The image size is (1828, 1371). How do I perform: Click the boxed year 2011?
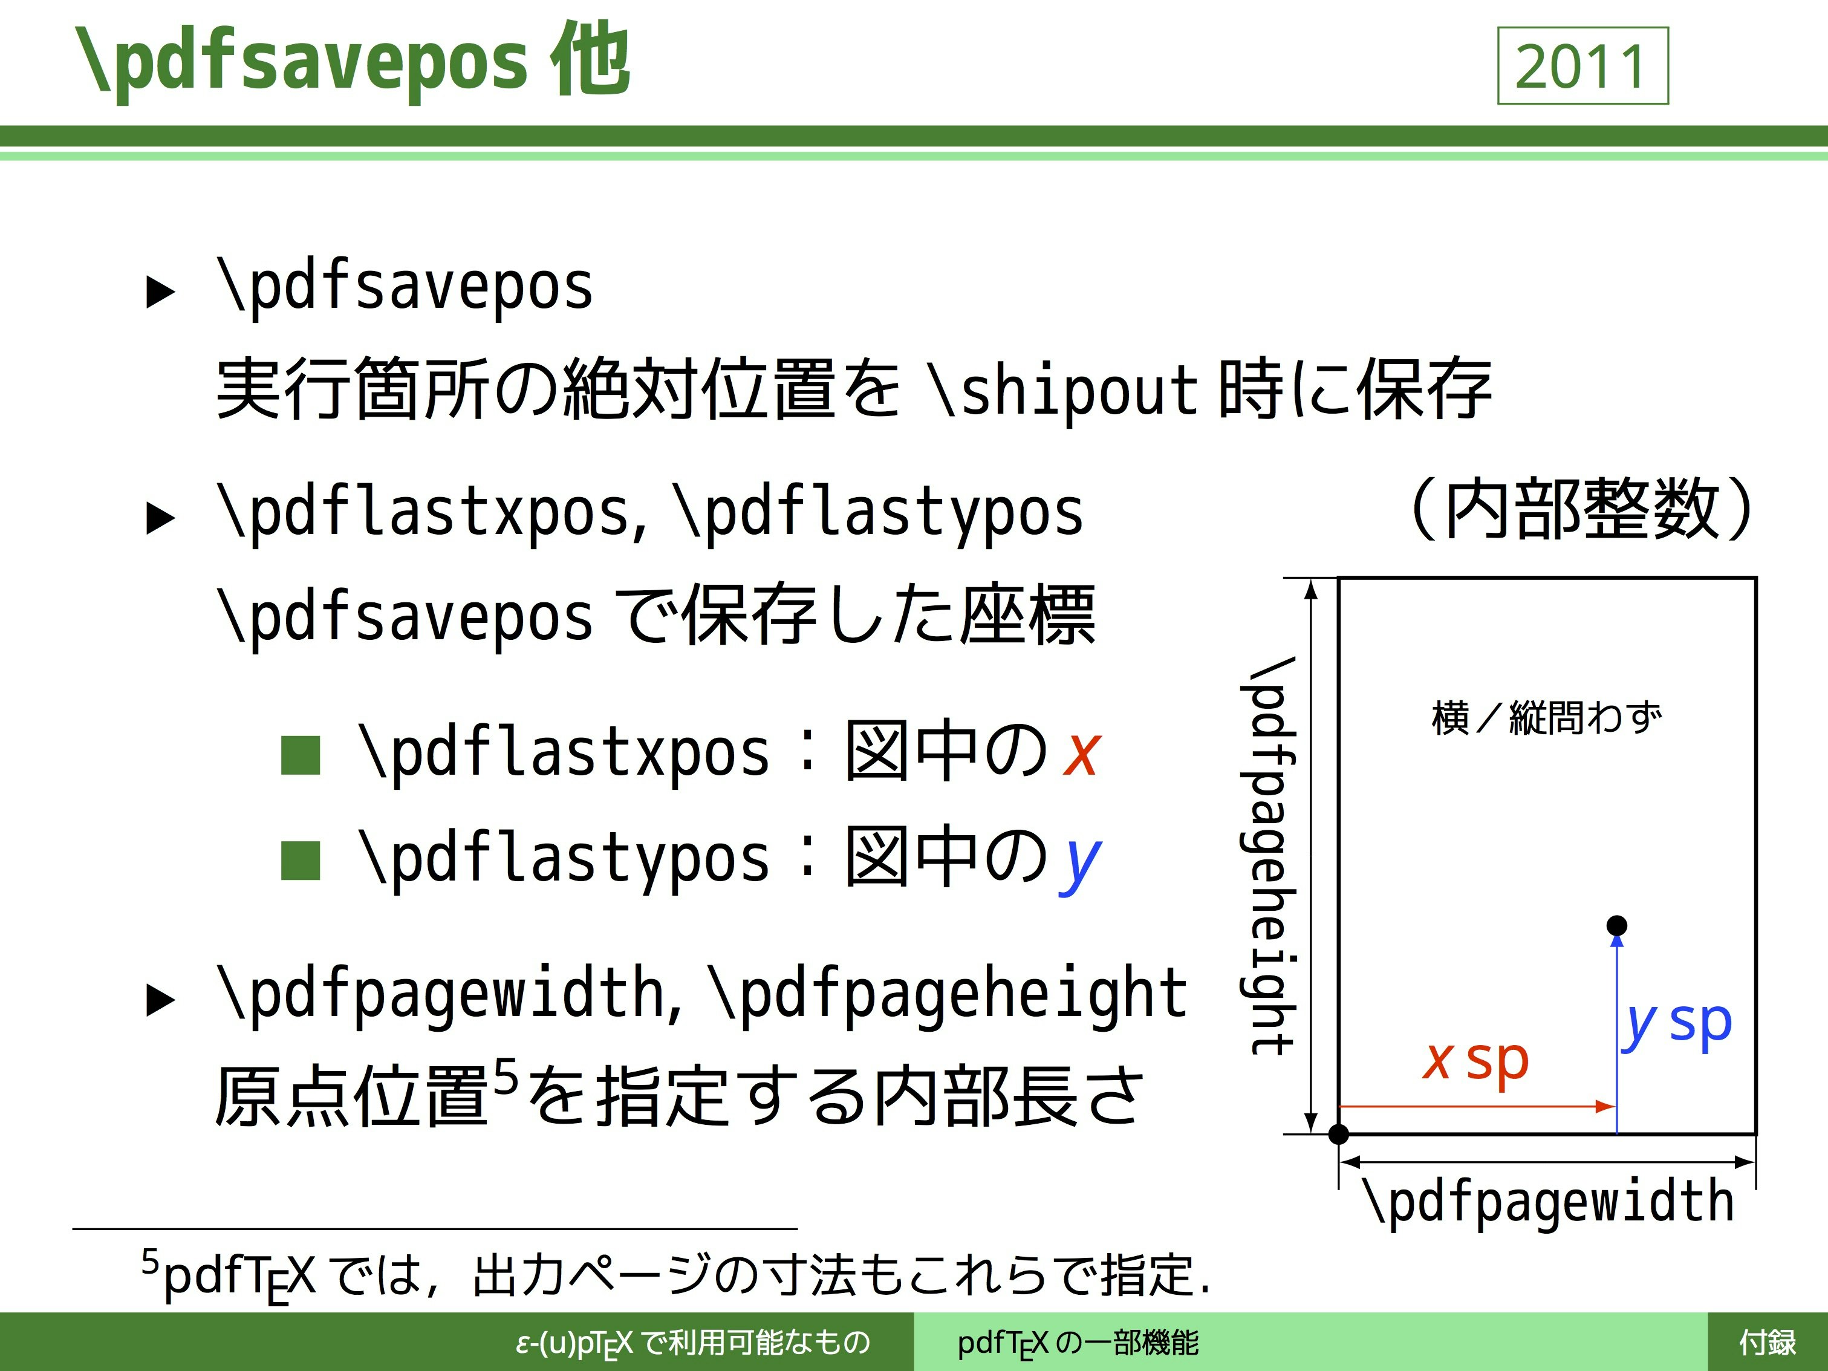pos(1582,66)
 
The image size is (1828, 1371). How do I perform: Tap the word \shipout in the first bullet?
pos(1064,389)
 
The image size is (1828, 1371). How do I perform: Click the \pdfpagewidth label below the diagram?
pos(1548,1202)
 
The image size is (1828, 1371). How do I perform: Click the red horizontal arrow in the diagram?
pos(1477,1106)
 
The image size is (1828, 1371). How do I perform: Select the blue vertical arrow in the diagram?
pos(1618,1034)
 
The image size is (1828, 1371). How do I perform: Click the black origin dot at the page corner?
pos(1339,1135)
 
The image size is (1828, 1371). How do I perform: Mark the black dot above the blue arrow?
pos(1618,925)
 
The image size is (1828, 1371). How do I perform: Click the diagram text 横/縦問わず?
pos(1546,717)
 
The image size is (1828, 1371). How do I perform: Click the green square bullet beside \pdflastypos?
pos(300,861)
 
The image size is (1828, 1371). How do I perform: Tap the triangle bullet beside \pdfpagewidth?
pos(160,999)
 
